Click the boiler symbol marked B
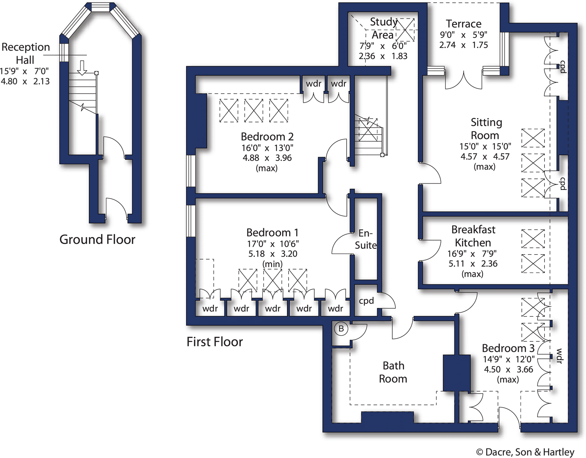(341, 329)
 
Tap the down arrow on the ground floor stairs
(82, 68)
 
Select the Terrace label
(463, 24)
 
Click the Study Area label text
(383, 28)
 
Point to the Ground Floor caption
(97, 240)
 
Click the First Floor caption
(215, 342)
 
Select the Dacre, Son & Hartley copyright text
(525, 452)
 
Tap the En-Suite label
(366, 239)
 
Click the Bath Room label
(393, 372)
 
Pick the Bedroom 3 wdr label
(559, 356)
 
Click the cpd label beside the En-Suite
(366, 301)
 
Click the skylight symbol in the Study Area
(405, 30)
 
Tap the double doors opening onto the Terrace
(463, 81)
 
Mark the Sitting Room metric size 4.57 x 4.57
(485, 156)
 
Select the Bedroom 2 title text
(267, 136)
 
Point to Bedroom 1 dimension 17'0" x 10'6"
(273, 243)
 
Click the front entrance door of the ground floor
(116, 208)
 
